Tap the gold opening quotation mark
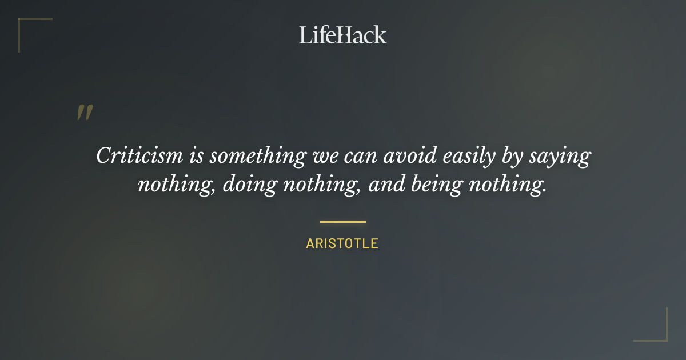84,113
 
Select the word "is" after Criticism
196,155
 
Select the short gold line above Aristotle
342,222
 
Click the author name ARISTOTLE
342,243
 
